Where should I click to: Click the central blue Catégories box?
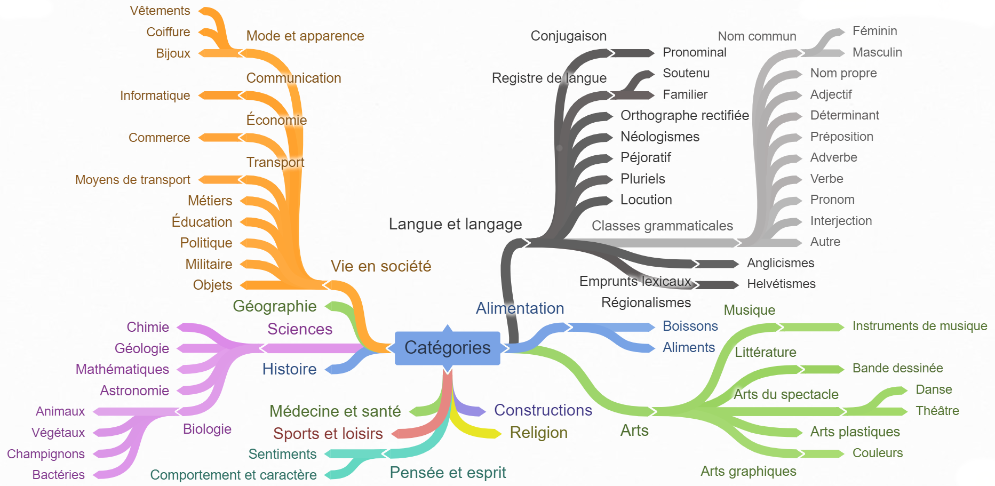(447, 348)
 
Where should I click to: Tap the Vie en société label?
(381, 266)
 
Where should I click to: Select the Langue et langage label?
(455, 224)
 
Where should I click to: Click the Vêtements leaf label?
(160, 11)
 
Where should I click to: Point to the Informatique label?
(155, 95)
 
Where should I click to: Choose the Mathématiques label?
(122, 369)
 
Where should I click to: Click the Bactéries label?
(58, 475)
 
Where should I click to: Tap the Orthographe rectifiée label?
(684, 115)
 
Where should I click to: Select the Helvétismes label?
(781, 284)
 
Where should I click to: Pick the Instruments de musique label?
(920, 326)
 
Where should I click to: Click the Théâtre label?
(937, 411)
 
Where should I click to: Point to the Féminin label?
(874, 31)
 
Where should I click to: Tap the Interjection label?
(841, 221)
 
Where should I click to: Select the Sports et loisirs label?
(328, 434)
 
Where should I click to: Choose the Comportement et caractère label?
(233, 475)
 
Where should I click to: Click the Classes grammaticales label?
(662, 226)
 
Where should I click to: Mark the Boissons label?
(690, 326)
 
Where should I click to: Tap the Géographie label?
(274, 306)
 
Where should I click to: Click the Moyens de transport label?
(132, 180)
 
